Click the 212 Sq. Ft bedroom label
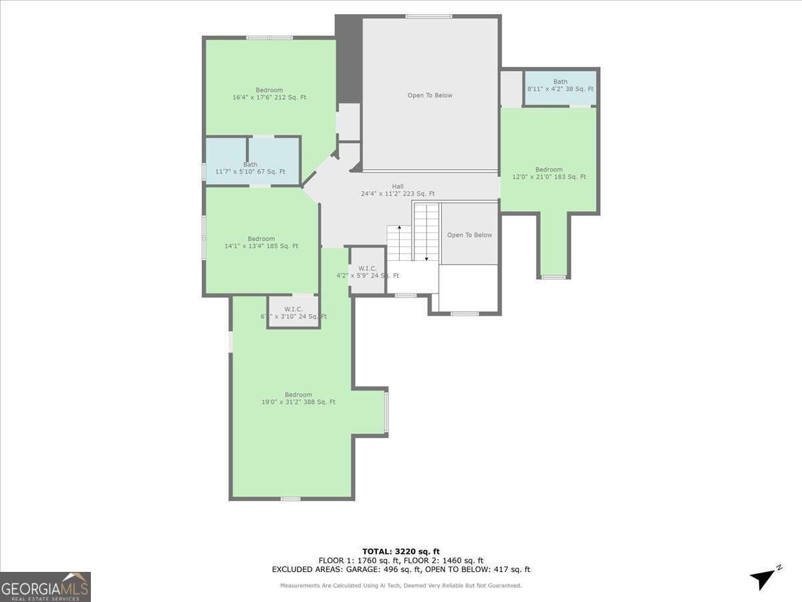[x=269, y=94]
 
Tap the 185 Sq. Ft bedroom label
[x=261, y=242]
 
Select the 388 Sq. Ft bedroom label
[x=298, y=398]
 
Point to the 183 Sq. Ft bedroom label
[x=549, y=173]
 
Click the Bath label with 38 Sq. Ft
[x=560, y=86]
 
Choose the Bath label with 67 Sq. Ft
[x=250, y=168]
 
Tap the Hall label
[x=398, y=190]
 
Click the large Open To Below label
[x=430, y=95]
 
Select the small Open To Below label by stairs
[x=469, y=235]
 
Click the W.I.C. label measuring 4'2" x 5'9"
[x=368, y=272]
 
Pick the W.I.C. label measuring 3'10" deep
[x=293, y=312]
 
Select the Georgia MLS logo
[x=45, y=587]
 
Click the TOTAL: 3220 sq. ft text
[x=401, y=551]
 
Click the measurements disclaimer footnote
[x=401, y=585]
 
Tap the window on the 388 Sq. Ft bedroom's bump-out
[x=386, y=412]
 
